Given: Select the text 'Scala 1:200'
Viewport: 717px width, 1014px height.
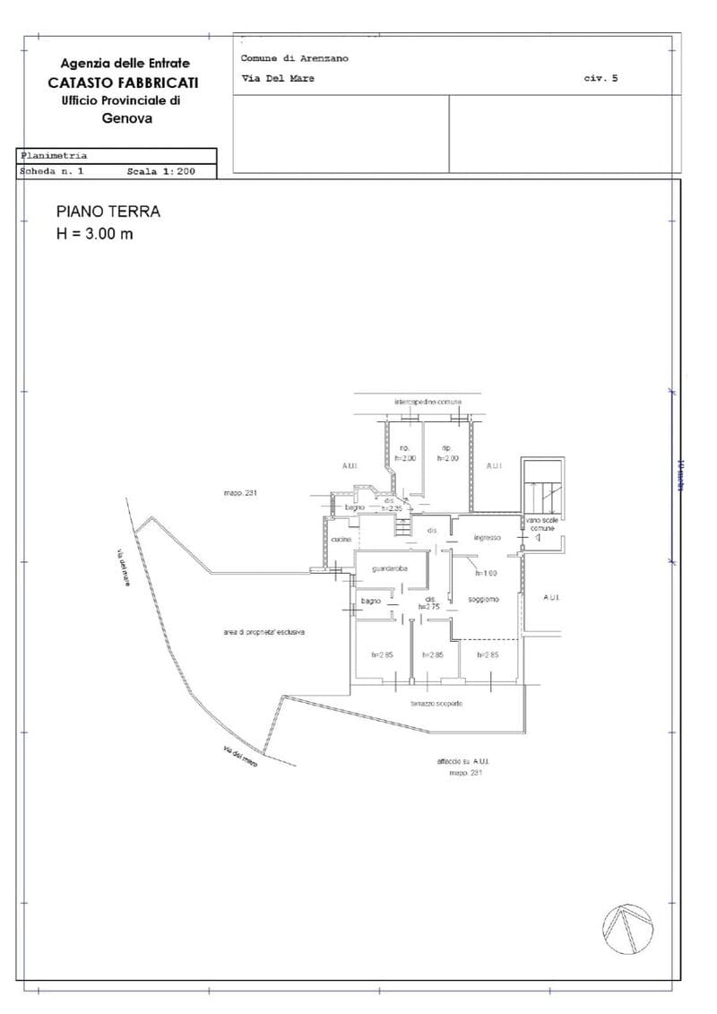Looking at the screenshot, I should tap(160, 170).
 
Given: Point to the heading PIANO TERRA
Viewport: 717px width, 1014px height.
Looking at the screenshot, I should tap(108, 212).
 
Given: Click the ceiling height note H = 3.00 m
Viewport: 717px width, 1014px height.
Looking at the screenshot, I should tap(95, 235).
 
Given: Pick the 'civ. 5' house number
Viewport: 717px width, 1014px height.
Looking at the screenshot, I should tap(600, 79).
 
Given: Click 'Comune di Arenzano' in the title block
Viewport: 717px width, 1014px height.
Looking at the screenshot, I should tap(294, 58).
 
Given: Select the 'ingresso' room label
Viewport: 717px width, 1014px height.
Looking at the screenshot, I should tap(487, 538).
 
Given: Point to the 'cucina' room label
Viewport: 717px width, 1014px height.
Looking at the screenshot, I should tap(341, 539).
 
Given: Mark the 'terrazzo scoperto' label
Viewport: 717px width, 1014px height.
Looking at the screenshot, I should tap(436, 704).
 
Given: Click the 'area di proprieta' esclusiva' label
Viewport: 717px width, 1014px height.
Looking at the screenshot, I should tap(265, 632).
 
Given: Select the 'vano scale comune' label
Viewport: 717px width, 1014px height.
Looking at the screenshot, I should tap(542, 524).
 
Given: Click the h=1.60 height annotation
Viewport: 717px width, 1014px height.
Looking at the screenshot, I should tap(486, 573).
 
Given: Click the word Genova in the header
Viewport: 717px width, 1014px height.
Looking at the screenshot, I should tap(127, 117).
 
